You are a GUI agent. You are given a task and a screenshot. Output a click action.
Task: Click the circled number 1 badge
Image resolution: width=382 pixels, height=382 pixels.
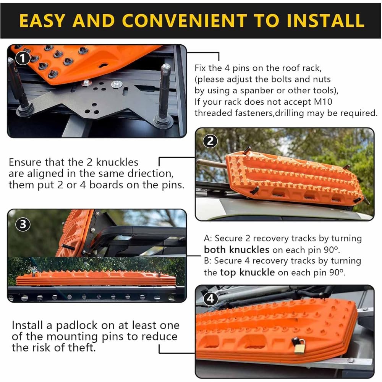[23, 58]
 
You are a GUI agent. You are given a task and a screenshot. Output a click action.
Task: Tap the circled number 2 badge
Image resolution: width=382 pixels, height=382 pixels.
[210, 141]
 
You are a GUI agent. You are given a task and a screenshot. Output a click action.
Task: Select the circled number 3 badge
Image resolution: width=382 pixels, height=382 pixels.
[23, 224]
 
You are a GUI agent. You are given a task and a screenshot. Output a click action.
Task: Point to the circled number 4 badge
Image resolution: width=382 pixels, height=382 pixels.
[210, 298]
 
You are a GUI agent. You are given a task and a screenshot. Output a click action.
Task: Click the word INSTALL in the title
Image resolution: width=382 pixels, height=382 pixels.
[325, 21]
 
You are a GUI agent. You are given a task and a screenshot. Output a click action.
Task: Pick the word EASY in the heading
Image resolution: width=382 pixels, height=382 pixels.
[42, 21]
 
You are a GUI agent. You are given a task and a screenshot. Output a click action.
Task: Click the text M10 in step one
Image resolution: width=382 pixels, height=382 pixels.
[323, 102]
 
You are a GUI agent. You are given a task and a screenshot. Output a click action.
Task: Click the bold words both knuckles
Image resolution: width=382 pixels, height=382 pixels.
[236, 250]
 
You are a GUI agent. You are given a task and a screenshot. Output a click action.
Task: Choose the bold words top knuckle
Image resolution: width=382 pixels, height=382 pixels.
[247, 272]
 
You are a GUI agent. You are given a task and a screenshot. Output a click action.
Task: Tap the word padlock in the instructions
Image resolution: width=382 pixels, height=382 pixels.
[77, 325]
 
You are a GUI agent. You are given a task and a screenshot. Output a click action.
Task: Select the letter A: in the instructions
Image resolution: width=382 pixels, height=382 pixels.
[208, 238]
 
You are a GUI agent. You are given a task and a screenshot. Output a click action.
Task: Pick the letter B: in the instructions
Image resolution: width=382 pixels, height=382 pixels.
[207, 261]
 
